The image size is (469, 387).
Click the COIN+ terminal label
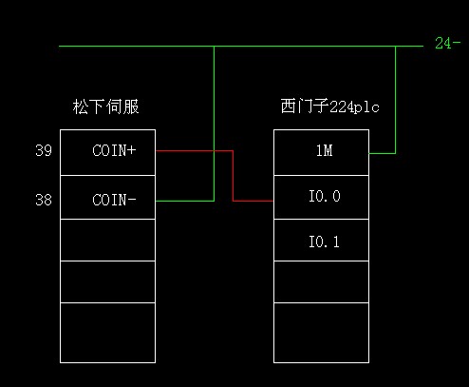pyautogui.click(x=114, y=150)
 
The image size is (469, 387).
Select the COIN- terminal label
pyautogui.click(x=114, y=200)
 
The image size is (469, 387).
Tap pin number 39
pyautogui.click(x=44, y=150)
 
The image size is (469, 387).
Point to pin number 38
pyautogui.click(x=44, y=200)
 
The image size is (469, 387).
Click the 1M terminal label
pyautogui.click(x=325, y=150)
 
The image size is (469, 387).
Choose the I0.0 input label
pyautogui.click(x=325, y=196)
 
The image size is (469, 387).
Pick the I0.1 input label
pyautogui.click(x=324, y=242)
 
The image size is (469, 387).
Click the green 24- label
pyautogui.click(x=447, y=43)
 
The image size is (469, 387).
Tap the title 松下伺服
pyautogui.click(x=105, y=106)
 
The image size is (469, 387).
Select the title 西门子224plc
pyautogui.click(x=329, y=106)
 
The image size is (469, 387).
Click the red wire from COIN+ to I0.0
pyautogui.click(x=233, y=176)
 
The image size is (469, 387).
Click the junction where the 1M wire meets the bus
pyautogui.click(x=395, y=47)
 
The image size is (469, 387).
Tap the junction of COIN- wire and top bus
pyautogui.click(x=214, y=47)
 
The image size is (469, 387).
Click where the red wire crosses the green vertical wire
pyautogui.click(x=214, y=151)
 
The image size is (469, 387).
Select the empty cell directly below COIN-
pyautogui.click(x=107, y=240)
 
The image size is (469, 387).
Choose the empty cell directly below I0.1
pyautogui.click(x=321, y=281)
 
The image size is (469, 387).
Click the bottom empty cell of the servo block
pyautogui.click(x=107, y=333)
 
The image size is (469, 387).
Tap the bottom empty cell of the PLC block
pyautogui.click(x=321, y=333)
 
